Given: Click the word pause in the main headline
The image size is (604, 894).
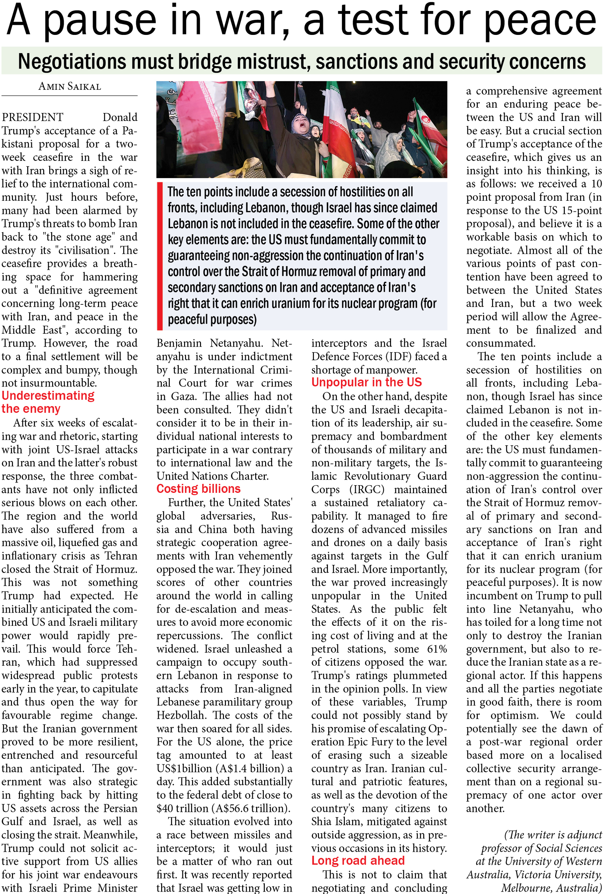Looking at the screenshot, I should [100, 21].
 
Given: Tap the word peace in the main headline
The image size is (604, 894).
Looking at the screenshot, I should [540, 21].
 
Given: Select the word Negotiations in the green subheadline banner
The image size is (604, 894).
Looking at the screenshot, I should [71, 61].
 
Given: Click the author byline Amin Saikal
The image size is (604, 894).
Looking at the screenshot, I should [69, 86].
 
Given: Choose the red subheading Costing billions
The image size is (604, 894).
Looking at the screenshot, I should [198, 489].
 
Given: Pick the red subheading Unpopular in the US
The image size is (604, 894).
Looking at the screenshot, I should [366, 382].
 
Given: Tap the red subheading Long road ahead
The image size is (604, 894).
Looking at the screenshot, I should [358, 860].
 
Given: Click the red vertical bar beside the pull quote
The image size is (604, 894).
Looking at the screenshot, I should [160, 256].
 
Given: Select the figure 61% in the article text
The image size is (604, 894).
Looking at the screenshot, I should [437, 649].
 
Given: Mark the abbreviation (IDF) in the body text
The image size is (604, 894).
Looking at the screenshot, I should [401, 357].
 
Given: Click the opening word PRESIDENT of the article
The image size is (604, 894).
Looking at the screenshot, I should [32, 117].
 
